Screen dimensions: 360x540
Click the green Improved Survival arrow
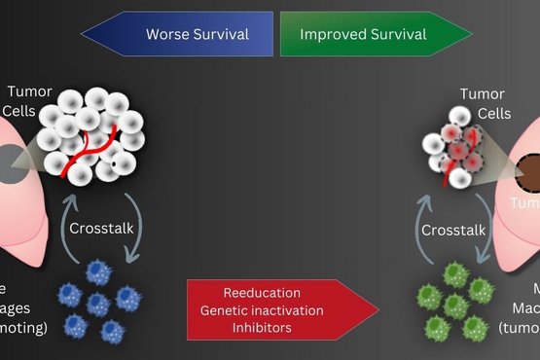pyautogui.click(x=370, y=35)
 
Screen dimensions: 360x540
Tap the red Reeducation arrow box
pyautogui.click(x=282, y=309)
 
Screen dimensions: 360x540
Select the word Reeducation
pyautogui.click(x=262, y=293)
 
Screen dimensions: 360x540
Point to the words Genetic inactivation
pyautogui.click(x=262, y=309)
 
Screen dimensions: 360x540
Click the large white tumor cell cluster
pyautogui.click(x=92, y=136)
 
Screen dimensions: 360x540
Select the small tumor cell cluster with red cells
pyautogui.click(x=454, y=153)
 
